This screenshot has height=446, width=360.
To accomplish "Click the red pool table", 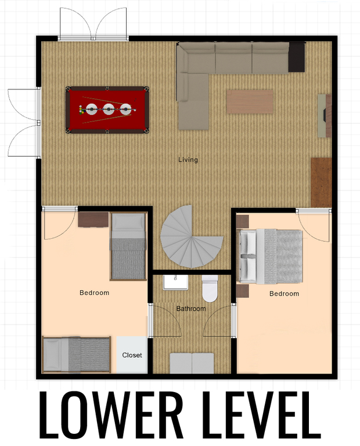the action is pyautogui.click(x=107, y=110).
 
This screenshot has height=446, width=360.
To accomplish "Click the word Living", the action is pyautogui.click(x=188, y=160).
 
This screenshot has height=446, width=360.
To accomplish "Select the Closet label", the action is pyautogui.click(x=132, y=355).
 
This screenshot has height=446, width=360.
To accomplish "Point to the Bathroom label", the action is pyautogui.click(x=191, y=308).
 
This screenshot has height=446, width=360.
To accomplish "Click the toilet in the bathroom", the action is pyautogui.click(x=210, y=288).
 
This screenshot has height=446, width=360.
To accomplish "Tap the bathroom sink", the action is pyautogui.click(x=175, y=282).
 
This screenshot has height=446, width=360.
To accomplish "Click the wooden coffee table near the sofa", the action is pyautogui.click(x=250, y=102).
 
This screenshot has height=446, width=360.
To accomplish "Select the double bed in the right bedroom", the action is pyautogui.click(x=270, y=256).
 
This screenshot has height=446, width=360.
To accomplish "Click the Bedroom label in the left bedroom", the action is pyautogui.click(x=95, y=293).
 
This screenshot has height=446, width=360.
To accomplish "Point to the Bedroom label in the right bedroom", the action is pyautogui.click(x=284, y=293).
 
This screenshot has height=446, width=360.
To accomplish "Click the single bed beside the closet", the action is pyautogui.click(x=77, y=355).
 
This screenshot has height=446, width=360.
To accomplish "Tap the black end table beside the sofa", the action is pyautogui.click(x=297, y=57).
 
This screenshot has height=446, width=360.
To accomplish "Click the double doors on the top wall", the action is pyautogui.click(x=93, y=23).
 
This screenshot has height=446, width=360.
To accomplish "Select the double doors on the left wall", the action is pyautogui.click(x=24, y=123).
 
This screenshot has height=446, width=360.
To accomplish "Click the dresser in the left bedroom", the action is pyautogui.click(x=93, y=220).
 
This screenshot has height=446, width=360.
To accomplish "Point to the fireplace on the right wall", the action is pyautogui.click(x=325, y=116).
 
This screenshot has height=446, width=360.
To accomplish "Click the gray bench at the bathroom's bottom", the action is pyautogui.click(x=192, y=363).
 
